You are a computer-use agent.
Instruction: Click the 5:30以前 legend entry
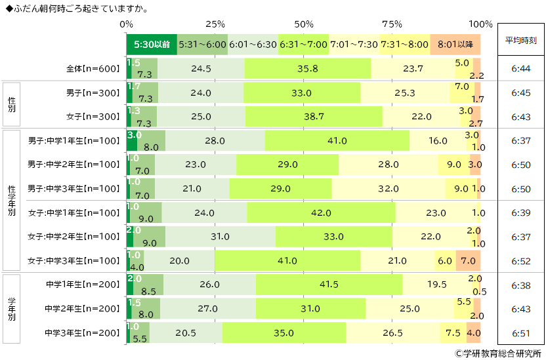(x=152, y=45)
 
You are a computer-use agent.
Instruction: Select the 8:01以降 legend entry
(x=455, y=45)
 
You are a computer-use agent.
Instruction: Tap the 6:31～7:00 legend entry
(x=303, y=45)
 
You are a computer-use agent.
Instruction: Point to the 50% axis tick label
(x=304, y=24)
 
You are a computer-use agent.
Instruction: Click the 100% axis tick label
(x=480, y=24)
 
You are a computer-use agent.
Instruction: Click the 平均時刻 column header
(x=520, y=40)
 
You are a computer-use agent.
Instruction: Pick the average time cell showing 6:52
(x=520, y=260)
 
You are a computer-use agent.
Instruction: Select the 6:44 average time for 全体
(x=520, y=69)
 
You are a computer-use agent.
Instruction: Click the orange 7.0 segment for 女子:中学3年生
(x=468, y=260)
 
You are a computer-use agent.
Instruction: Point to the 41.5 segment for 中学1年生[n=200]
(x=329, y=285)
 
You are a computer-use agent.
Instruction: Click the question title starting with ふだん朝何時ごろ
(x=77, y=9)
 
